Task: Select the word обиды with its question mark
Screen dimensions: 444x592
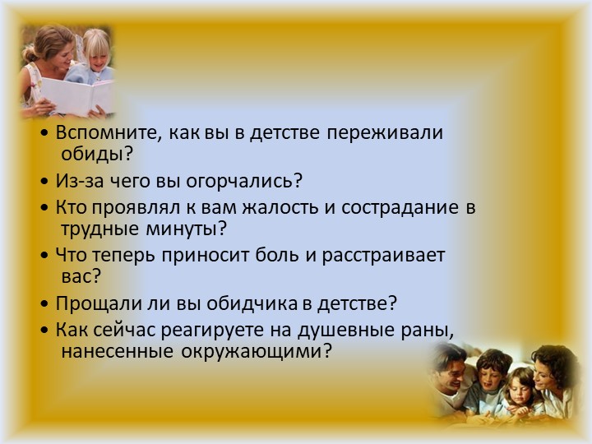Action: [97, 153]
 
